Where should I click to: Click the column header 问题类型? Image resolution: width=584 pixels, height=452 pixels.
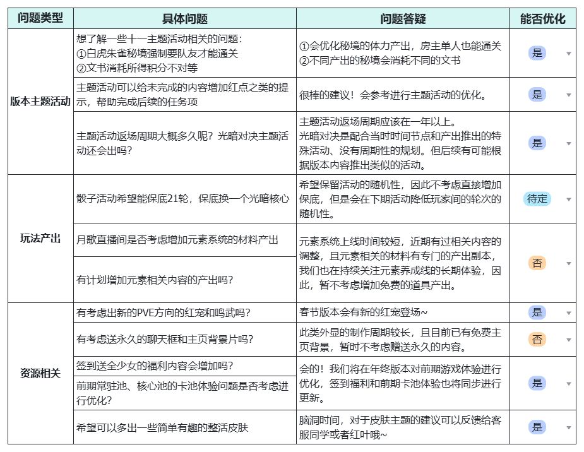coord(40,18)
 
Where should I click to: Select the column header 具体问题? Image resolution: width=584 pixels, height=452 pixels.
coord(184,18)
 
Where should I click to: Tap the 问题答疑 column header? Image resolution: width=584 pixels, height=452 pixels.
coord(403,18)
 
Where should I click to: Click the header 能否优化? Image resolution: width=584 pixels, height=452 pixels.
coord(542,18)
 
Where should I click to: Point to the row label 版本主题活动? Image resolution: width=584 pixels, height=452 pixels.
coord(40,102)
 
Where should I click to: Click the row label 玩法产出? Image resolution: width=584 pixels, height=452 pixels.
coord(40,239)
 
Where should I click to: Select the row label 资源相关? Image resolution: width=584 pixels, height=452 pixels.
coord(40,373)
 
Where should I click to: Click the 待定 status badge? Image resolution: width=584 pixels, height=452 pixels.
coord(537,199)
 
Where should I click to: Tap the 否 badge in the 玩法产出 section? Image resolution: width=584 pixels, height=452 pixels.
coord(537,263)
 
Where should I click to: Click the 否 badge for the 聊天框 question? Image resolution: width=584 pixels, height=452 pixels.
coord(537,339)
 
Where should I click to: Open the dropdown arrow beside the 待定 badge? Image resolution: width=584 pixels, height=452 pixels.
coord(568,199)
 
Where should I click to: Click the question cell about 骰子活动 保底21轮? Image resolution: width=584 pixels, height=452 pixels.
coord(182,199)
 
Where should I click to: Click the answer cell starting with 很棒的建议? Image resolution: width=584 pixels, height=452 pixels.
coord(393,95)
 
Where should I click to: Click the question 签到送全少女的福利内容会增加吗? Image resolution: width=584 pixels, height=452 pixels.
coord(154,366)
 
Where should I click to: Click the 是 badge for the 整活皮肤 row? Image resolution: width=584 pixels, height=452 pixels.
coord(537,427)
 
